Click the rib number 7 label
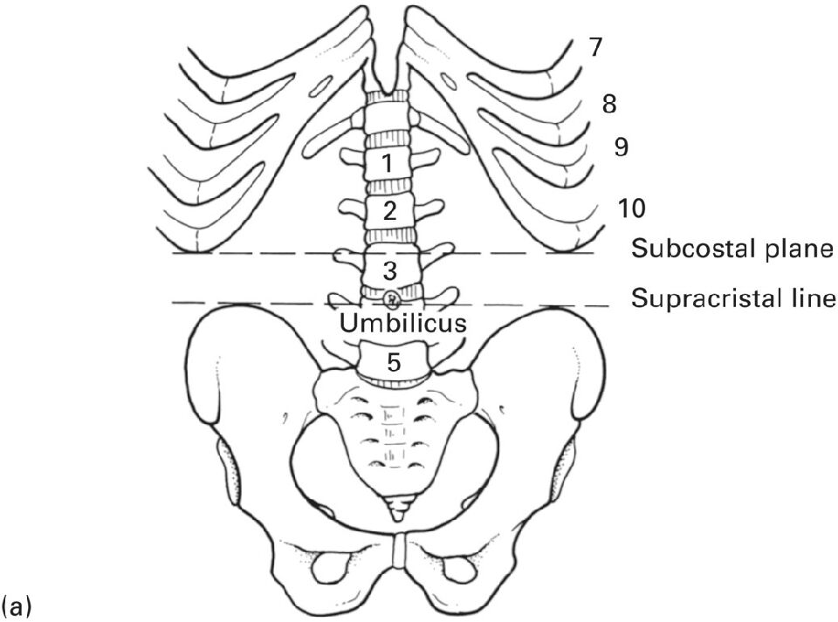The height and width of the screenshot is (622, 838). click(x=596, y=47)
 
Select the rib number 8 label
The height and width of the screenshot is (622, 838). click(x=609, y=104)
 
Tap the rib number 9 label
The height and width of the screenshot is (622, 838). click(x=621, y=147)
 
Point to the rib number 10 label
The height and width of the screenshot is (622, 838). click(x=632, y=208)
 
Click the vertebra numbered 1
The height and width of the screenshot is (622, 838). click(x=387, y=163)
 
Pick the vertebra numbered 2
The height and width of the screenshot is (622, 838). click(x=389, y=211)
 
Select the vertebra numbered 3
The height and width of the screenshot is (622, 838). click(x=389, y=270)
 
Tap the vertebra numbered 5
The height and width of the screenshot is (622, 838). click(x=394, y=363)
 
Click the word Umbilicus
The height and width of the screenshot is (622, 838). click(x=403, y=323)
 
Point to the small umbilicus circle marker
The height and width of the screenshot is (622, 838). click(x=392, y=298)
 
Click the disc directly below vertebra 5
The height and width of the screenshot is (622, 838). click(x=394, y=381)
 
